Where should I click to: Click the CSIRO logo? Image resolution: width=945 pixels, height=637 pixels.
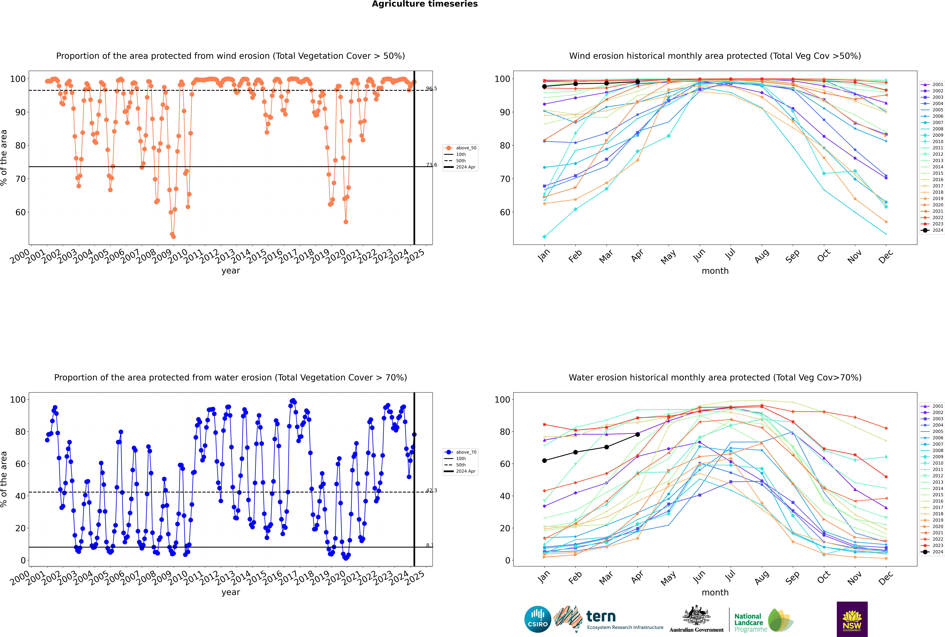click(x=537, y=619)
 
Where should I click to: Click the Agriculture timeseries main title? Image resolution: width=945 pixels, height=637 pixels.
click(x=425, y=4)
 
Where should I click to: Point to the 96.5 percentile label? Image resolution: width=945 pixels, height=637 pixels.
click(x=432, y=89)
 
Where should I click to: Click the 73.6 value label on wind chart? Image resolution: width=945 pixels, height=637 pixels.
click(x=432, y=165)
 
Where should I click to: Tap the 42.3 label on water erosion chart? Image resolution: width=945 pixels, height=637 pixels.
click(x=432, y=490)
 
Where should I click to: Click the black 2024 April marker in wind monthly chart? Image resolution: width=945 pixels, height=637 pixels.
click(x=637, y=82)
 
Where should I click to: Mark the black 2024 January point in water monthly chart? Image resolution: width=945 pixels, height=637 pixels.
click(x=544, y=461)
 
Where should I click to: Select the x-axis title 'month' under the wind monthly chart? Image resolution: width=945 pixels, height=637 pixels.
click(x=715, y=271)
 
